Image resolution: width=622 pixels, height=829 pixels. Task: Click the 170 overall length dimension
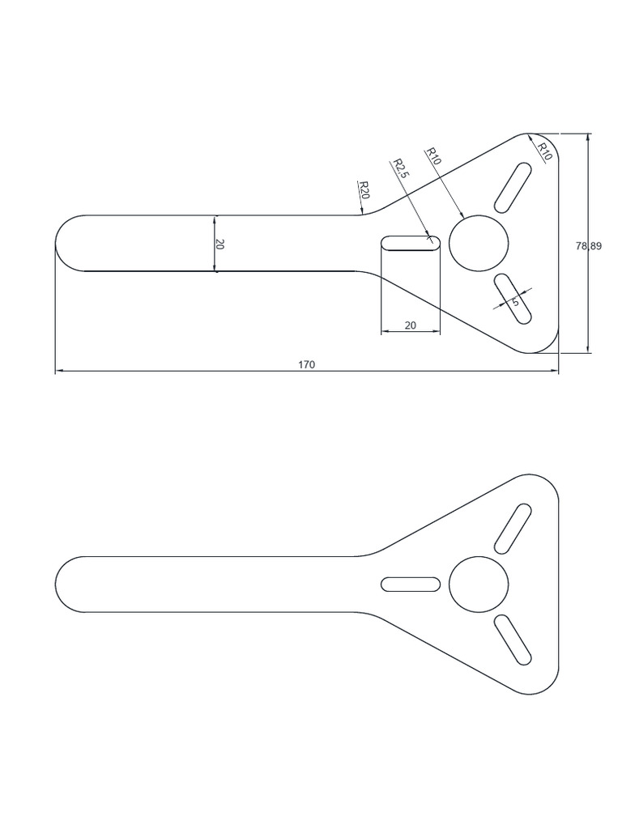click(x=306, y=365)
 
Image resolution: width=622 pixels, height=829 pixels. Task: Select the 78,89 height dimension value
click(x=589, y=246)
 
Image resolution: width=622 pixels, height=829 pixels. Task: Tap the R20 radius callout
click(x=364, y=191)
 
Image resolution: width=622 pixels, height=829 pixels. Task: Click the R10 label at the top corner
click(x=544, y=151)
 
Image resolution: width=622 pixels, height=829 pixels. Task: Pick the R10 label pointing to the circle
click(x=432, y=156)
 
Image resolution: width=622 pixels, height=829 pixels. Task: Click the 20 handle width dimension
click(x=219, y=244)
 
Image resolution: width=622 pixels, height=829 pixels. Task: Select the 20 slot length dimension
click(x=410, y=325)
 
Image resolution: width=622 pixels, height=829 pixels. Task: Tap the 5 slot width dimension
click(x=515, y=302)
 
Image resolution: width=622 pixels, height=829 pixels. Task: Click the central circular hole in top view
click(x=479, y=243)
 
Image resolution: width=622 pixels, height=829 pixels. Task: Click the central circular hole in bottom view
click(x=479, y=585)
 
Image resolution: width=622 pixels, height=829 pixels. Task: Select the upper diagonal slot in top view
click(x=513, y=185)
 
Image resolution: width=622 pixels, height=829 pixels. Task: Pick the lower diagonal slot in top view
click(x=513, y=299)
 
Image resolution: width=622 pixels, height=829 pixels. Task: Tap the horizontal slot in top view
click(x=411, y=244)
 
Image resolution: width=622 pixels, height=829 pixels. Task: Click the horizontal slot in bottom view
click(x=411, y=585)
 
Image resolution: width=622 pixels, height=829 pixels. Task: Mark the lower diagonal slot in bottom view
click(x=513, y=640)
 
